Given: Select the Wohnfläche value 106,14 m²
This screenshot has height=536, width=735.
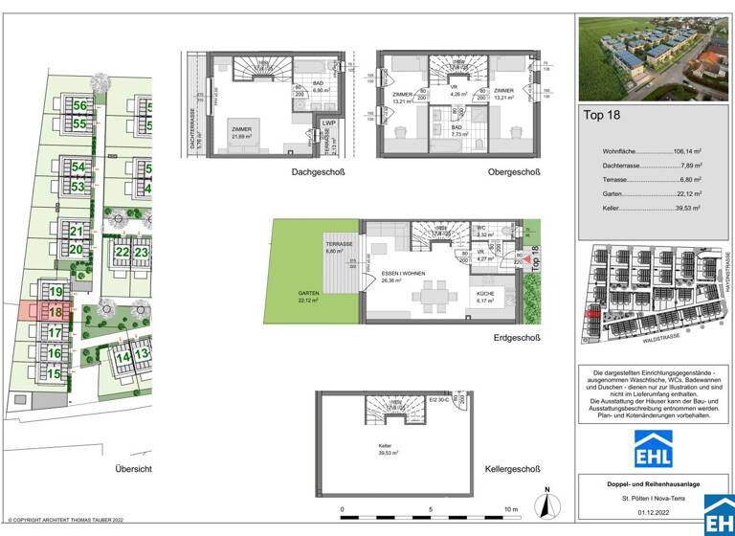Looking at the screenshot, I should click(x=684, y=151).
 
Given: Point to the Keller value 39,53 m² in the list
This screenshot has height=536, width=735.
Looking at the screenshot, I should click(x=686, y=207).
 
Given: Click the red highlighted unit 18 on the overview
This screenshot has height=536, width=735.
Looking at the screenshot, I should click(x=56, y=312).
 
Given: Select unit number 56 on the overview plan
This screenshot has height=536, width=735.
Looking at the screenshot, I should click(x=79, y=106).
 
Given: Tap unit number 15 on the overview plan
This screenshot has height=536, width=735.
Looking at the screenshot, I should click(x=56, y=373).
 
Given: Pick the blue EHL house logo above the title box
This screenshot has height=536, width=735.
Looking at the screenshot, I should click(x=654, y=448).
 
